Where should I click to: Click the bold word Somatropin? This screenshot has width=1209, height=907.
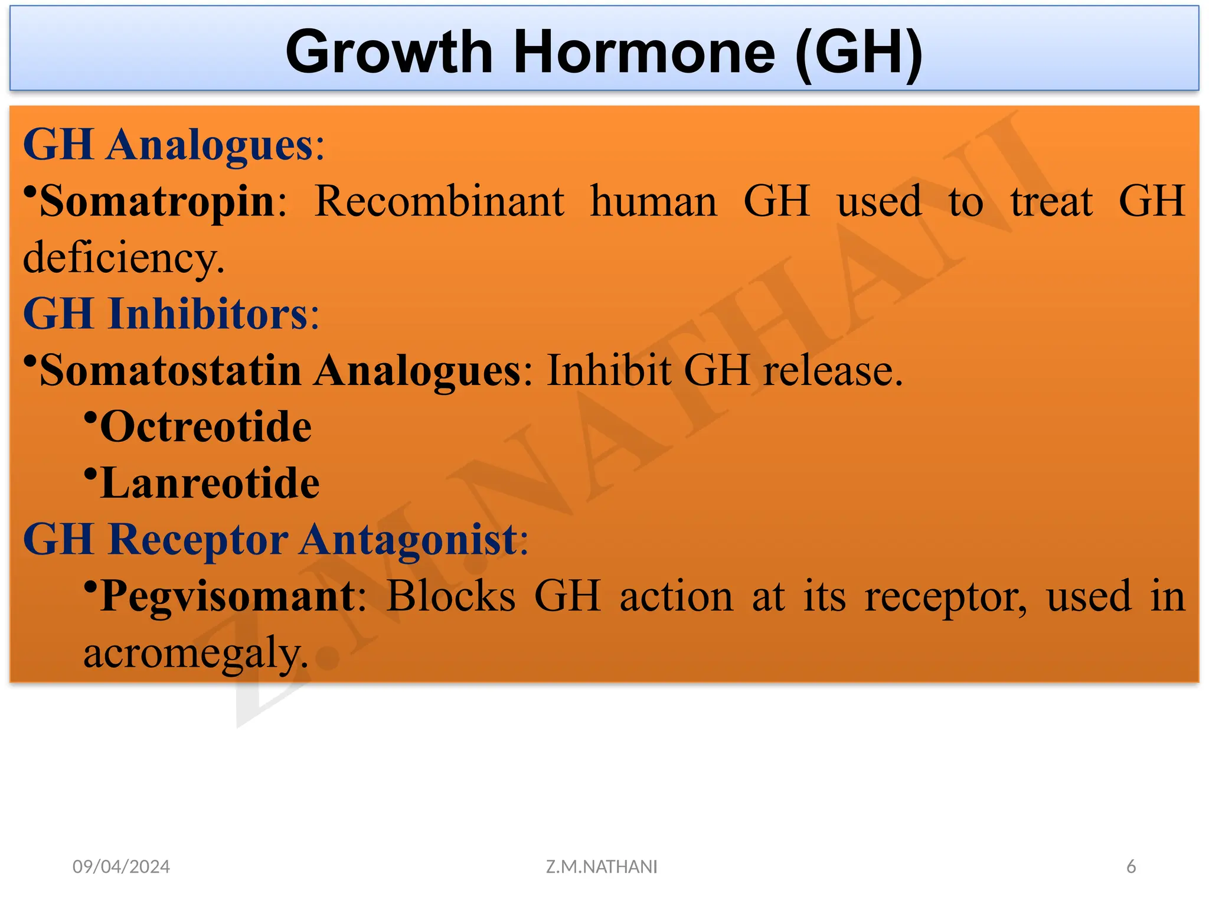[x=157, y=201]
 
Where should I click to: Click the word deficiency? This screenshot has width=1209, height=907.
[x=123, y=258]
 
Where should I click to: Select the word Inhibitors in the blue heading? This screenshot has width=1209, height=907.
[x=210, y=314]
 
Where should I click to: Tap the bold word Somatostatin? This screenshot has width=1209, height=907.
[x=171, y=370]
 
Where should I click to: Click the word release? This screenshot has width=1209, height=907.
[x=832, y=370]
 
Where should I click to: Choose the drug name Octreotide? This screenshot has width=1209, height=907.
[x=205, y=426]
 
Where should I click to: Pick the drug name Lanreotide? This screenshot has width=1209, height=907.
[x=210, y=483]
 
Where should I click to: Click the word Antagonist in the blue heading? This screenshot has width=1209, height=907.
[x=409, y=539]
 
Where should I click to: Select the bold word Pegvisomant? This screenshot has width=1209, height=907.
[x=228, y=596]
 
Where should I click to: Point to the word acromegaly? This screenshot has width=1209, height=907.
[x=195, y=652]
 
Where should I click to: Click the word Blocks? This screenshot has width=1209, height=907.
[x=451, y=596]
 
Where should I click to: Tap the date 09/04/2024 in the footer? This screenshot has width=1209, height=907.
[x=121, y=866]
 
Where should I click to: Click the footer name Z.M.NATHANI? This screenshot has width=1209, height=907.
[x=602, y=866]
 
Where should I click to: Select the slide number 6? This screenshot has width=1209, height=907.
[x=1131, y=866]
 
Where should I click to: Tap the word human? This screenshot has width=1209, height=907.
[x=653, y=201]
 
